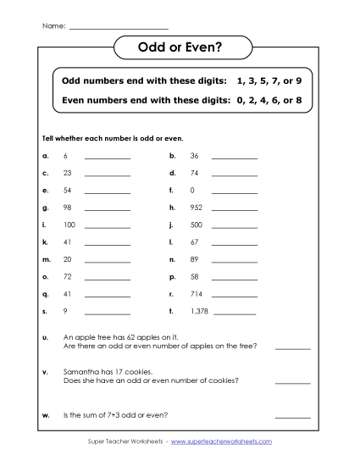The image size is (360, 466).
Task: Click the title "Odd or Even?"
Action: pos(180,49)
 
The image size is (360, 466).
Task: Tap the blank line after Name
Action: pos(118,27)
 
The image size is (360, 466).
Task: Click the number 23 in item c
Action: pos(68,173)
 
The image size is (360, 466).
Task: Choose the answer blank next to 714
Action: pos(235,295)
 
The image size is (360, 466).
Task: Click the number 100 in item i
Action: pos(69,225)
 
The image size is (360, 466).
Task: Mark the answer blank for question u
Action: pos(292,347)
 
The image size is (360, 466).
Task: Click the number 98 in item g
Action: pos(68,207)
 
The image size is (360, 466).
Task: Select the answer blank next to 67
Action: pos(235,243)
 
